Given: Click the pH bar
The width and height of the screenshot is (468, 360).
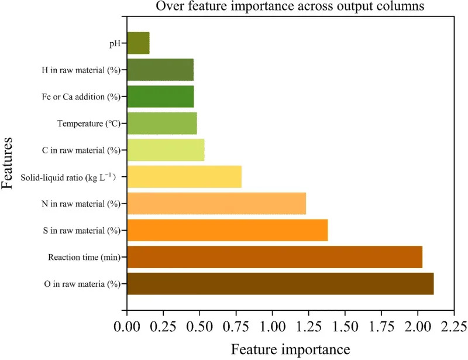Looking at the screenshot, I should (x=138, y=43).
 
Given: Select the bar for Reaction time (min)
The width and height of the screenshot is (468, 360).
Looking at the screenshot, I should (x=274, y=257).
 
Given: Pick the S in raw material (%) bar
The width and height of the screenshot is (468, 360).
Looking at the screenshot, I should (x=227, y=230).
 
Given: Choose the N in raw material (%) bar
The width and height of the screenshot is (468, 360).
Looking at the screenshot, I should (x=216, y=203).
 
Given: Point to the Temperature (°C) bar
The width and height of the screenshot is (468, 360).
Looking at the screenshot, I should (x=162, y=124).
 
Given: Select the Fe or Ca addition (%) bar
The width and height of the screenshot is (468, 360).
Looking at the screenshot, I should (x=160, y=97).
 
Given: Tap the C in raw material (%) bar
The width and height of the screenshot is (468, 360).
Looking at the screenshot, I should (x=166, y=150).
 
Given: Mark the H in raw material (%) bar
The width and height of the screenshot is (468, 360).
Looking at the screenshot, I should (x=160, y=70).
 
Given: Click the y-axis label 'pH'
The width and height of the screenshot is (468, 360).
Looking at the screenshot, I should (x=114, y=43).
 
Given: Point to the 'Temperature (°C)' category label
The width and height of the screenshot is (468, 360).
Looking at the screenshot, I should (x=89, y=124).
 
